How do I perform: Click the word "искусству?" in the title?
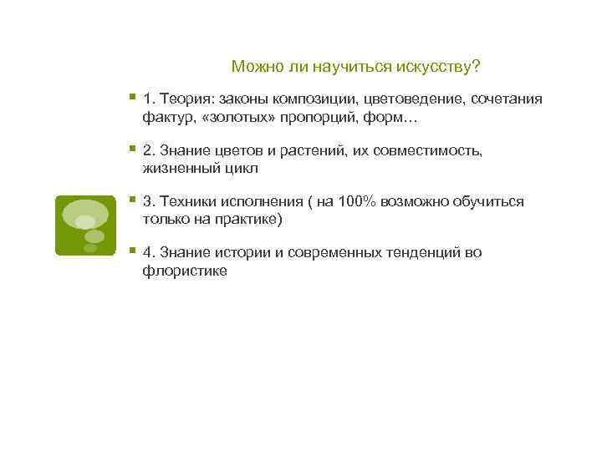pos(446,66)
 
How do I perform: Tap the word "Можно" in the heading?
pos(253,66)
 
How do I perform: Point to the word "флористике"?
pos(185,271)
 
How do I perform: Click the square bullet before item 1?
pos(132,98)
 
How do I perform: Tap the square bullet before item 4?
pos(132,251)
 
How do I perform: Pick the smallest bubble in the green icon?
pos(90,247)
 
